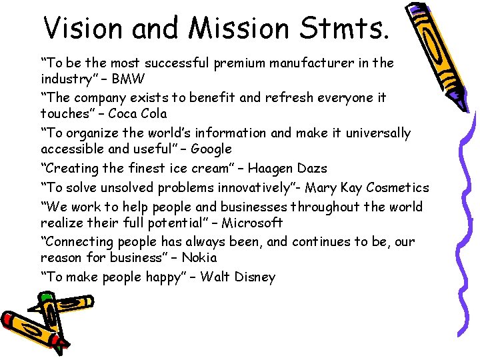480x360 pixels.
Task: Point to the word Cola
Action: [153, 114]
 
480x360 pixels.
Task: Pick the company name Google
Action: [211, 149]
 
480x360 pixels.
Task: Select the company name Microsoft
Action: [254, 223]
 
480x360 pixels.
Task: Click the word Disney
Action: [255, 277]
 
